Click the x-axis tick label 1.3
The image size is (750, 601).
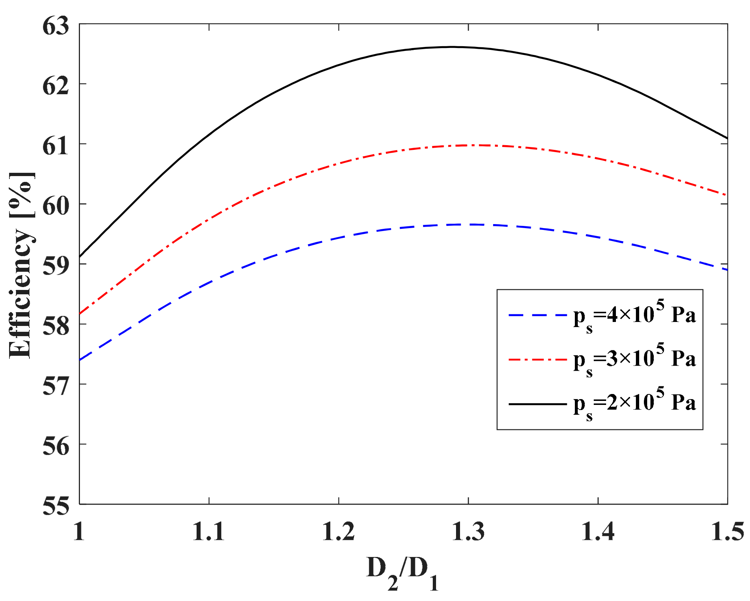coord(468,532)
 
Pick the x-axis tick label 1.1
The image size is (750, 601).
coord(208,532)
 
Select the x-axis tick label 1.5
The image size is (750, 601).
coord(727,532)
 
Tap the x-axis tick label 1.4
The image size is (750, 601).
coord(598,532)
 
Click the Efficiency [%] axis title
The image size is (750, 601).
coord(22,265)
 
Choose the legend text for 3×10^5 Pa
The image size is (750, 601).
coord(634,359)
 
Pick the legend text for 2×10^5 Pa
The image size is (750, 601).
coord(634,403)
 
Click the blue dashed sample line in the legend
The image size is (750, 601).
coord(537,315)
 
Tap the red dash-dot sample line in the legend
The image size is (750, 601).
coord(537,359)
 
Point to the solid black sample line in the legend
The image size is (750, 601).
coord(537,404)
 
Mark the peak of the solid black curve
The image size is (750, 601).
coord(452,47)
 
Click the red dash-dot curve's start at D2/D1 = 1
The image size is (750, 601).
coord(80,314)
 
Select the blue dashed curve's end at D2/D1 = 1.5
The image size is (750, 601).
coord(727,270)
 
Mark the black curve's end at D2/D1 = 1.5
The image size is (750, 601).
coord(727,138)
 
